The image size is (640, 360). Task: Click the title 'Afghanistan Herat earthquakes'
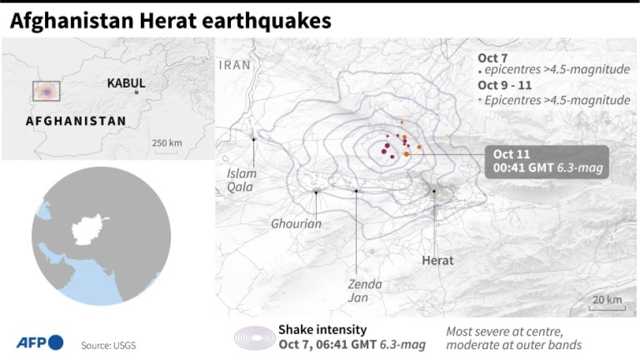pos(170,22)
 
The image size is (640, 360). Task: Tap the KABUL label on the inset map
pos(126,83)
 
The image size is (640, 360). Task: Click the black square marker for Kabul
pos(137,92)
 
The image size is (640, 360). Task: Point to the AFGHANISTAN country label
pos(76,121)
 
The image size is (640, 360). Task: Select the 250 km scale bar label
pos(167,142)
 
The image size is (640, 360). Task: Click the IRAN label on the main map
pos(235,65)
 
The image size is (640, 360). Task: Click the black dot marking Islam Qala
pos(253,140)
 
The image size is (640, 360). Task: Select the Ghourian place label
pos(296,223)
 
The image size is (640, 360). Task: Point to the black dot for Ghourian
pos(317,192)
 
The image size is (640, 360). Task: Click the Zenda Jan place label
pos(365,291)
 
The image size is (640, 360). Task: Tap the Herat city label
pos(438,260)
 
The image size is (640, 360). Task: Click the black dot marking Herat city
pos(434,191)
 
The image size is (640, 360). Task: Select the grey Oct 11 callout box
pos(547,161)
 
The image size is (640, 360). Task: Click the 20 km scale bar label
pos(607,300)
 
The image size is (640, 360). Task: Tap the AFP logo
pos(39,342)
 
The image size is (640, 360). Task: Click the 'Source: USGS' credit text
pos(108,345)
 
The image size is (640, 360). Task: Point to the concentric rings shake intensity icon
pos(253,339)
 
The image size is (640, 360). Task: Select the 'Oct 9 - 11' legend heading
pos(505,85)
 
